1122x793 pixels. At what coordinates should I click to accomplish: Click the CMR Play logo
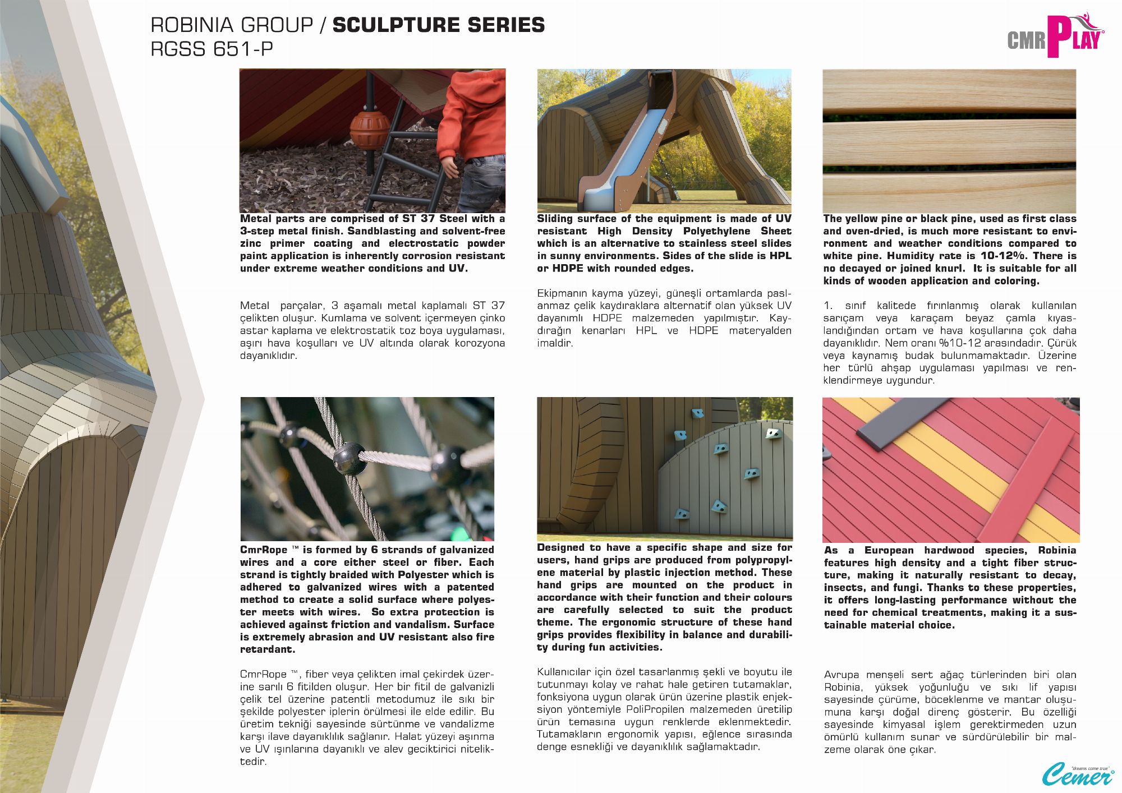[x=1055, y=36]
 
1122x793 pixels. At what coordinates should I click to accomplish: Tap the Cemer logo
[x=1077, y=774]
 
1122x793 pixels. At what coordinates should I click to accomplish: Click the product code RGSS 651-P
[x=211, y=49]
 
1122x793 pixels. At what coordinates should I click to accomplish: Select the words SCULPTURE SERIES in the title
[x=438, y=25]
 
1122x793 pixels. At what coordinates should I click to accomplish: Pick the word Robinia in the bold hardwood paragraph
[x=1057, y=551]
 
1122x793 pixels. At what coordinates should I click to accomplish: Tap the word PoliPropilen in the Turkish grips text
[x=655, y=709]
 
